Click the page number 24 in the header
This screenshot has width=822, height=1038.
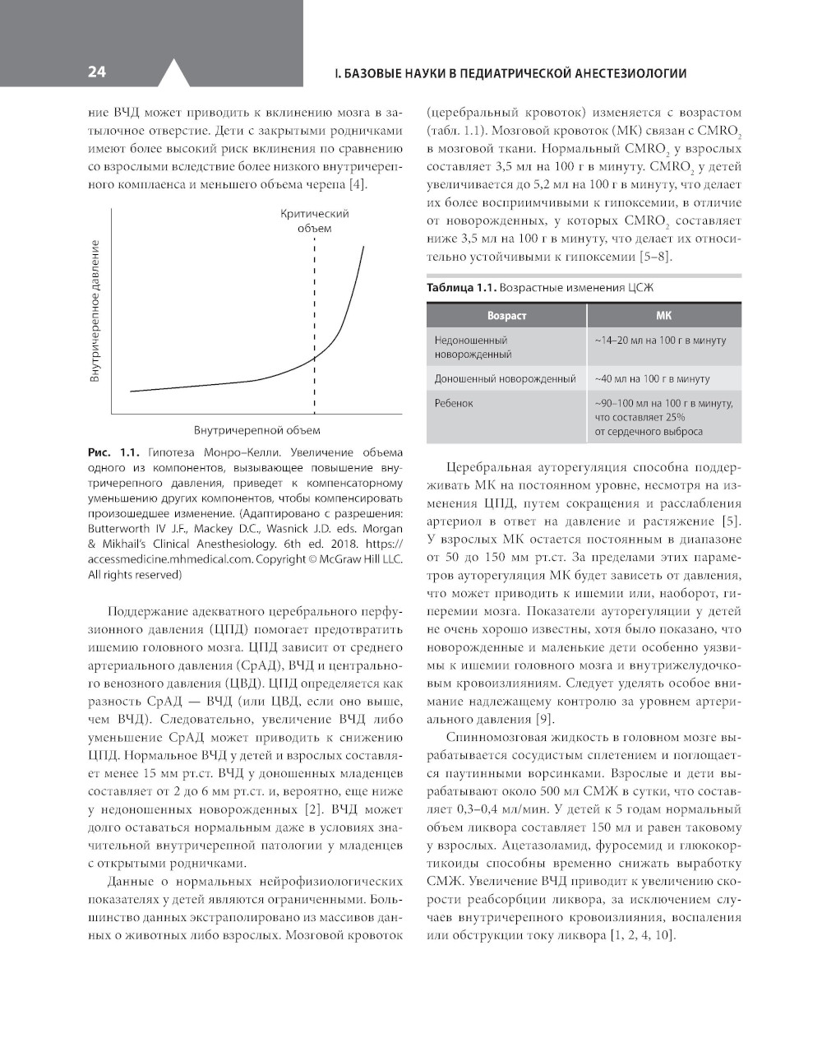96,72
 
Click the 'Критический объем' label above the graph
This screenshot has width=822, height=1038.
314,220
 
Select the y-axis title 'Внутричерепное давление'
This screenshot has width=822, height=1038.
95,311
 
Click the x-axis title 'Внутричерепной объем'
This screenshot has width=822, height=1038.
256,430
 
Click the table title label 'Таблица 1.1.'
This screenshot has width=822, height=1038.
461,288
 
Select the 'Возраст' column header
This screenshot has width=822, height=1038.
506,316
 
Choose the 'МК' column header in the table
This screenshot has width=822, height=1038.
663,316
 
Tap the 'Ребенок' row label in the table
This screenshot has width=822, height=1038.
454,403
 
